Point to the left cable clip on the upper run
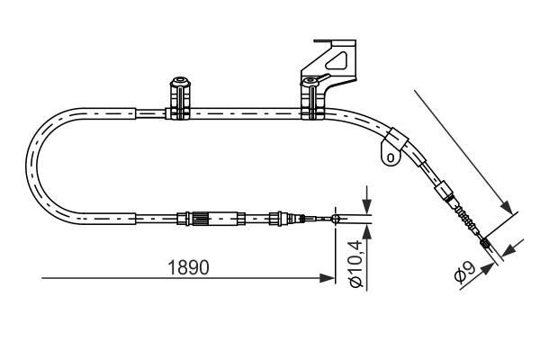coord(178,99)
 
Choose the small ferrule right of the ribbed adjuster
coord(277,217)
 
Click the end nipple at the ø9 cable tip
coord(486,243)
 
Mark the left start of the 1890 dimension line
coord(41,278)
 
